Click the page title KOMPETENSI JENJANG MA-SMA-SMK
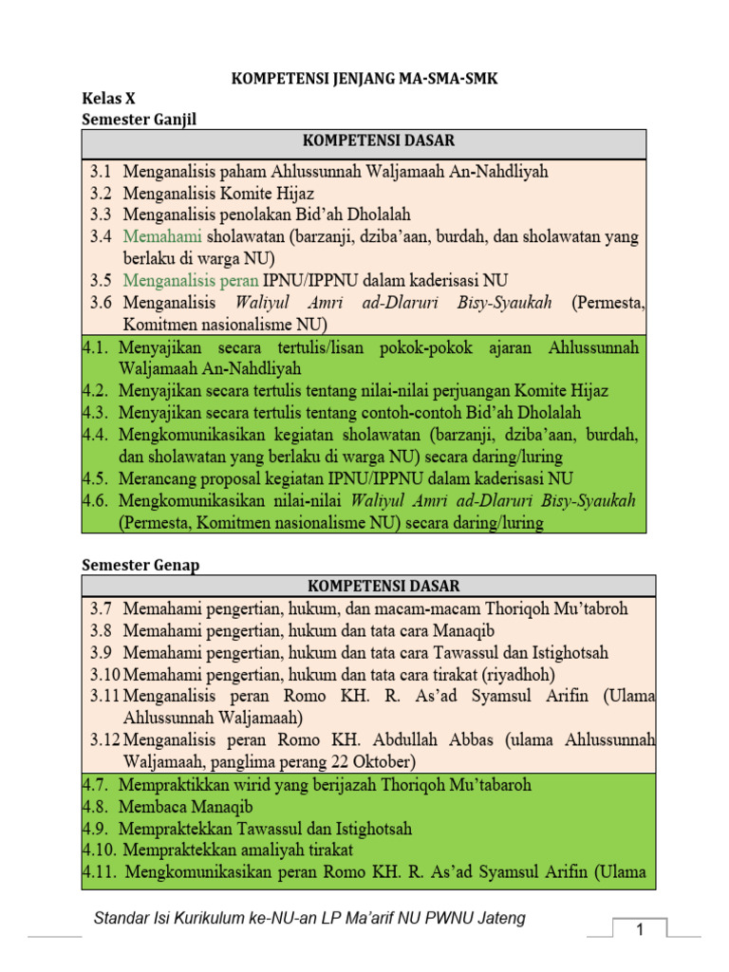[365, 80]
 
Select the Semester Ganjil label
[139, 119]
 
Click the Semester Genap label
[140, 565]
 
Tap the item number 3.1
[102, 172]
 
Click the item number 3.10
[105, 674]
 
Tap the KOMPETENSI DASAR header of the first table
[364, 141]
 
